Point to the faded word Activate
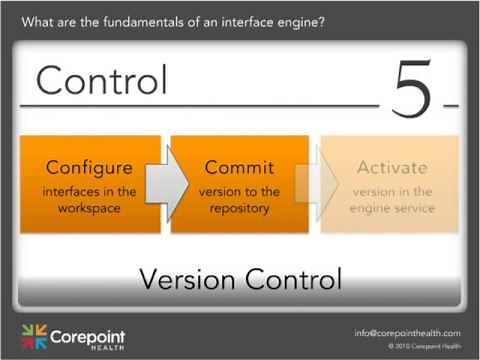391,167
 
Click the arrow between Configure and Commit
168,184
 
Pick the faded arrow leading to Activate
314,184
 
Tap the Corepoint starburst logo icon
33,336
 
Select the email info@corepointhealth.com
407,332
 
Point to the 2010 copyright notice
424,346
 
